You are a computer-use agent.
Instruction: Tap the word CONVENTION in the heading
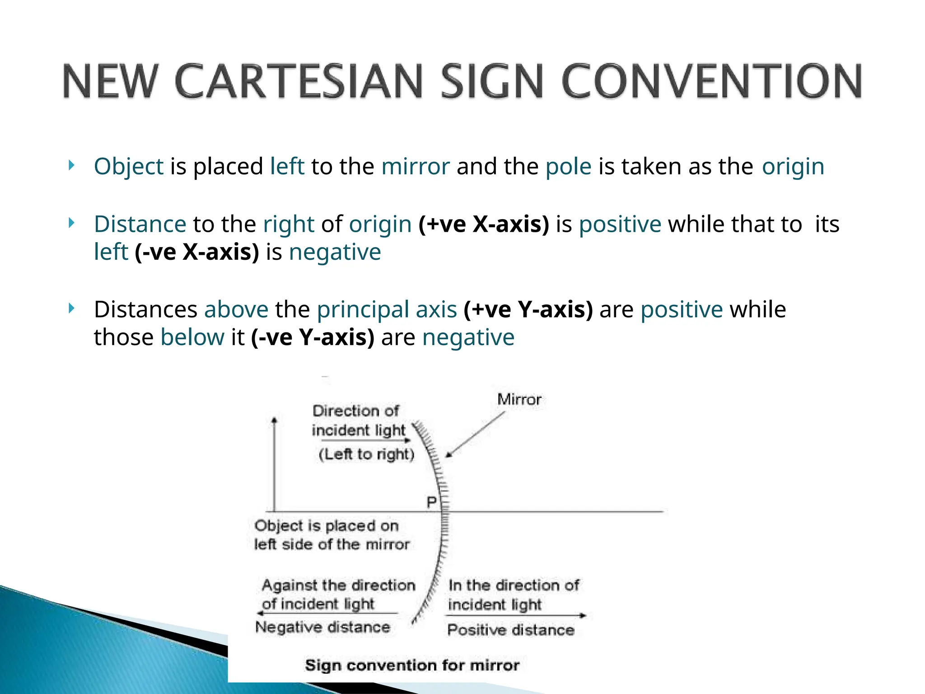(x=712, y=82)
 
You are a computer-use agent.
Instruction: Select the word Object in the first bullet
(x=128, y=167)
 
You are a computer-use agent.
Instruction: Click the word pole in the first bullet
(x=568, y=167)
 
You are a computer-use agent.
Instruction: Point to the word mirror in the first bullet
(x=416, y=167)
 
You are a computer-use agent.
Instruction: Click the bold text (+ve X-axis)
(x=484, y=225)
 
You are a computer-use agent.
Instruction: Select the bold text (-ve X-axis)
(x=197, y=252)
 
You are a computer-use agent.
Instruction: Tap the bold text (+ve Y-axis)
(x=528, y=310)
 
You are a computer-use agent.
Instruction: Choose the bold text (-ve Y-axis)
(x=313, y=338)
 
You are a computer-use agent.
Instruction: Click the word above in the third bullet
(x=236, y=310)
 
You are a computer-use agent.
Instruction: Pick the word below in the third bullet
(x=192, y=338)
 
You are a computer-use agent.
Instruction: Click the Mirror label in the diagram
(x=519, y=399)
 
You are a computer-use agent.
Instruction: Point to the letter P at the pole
(x=432, y=502)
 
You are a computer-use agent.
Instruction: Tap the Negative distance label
(x=322, y=627)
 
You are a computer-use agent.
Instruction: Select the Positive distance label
(x=511, y=630)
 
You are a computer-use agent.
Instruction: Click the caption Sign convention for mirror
(x=412, y=665)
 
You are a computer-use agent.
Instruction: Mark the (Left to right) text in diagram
(x=366, y=454)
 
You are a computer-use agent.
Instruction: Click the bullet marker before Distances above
(x=71, y=309)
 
